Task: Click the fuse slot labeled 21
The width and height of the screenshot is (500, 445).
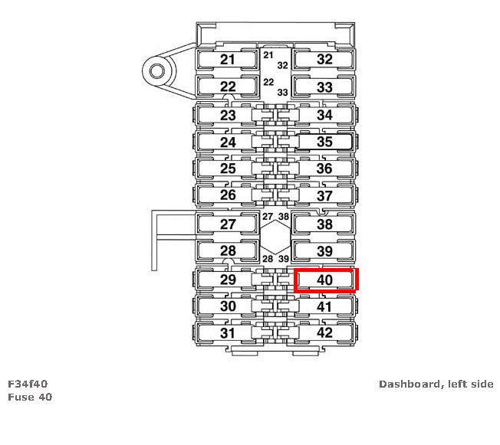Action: [x=228, y=60]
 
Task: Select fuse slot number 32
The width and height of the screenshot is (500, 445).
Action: [x=324, y=60]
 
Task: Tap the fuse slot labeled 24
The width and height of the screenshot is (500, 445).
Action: [x=228, y=142]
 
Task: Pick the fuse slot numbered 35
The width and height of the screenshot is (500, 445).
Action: [x=324, y=142]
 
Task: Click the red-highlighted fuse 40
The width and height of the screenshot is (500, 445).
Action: [x=324, y=280]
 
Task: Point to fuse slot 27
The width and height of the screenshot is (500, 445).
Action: [x=228, y=225]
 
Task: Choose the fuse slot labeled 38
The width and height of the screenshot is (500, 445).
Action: [x=324, y=225]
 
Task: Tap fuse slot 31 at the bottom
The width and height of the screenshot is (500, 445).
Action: [x=228, y=334]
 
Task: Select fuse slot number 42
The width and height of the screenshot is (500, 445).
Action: [x=324, y=334]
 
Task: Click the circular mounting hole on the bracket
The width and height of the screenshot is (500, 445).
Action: [x=156, y=72]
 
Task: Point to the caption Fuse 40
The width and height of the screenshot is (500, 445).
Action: [x=30, y=397]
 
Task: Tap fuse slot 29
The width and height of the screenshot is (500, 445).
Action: [x=228, y=280]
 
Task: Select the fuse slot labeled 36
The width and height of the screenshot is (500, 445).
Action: [x=324, y=169]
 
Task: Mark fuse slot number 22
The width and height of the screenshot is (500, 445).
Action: [x=228, y=87]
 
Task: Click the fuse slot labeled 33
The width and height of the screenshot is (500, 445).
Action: [x=324, y=87]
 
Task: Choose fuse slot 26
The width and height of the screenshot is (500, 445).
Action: [x=228, y=196]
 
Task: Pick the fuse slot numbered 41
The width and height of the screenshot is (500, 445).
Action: [x=324, y=307]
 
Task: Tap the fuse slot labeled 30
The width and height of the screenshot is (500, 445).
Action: [x=228, y=307]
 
